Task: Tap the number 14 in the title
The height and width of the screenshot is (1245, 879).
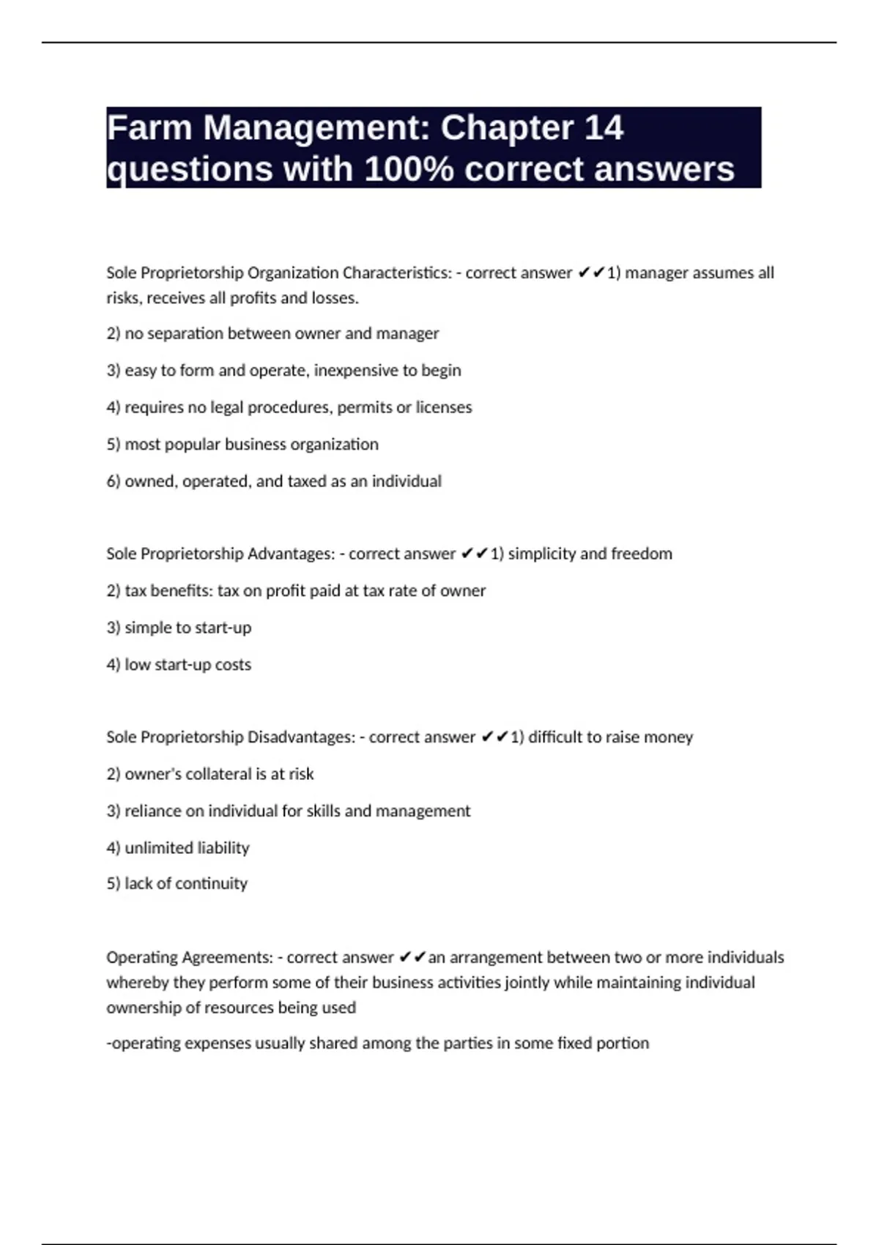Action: click(x=604, y=128)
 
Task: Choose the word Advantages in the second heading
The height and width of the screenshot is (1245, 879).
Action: click(x=291, y=554)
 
